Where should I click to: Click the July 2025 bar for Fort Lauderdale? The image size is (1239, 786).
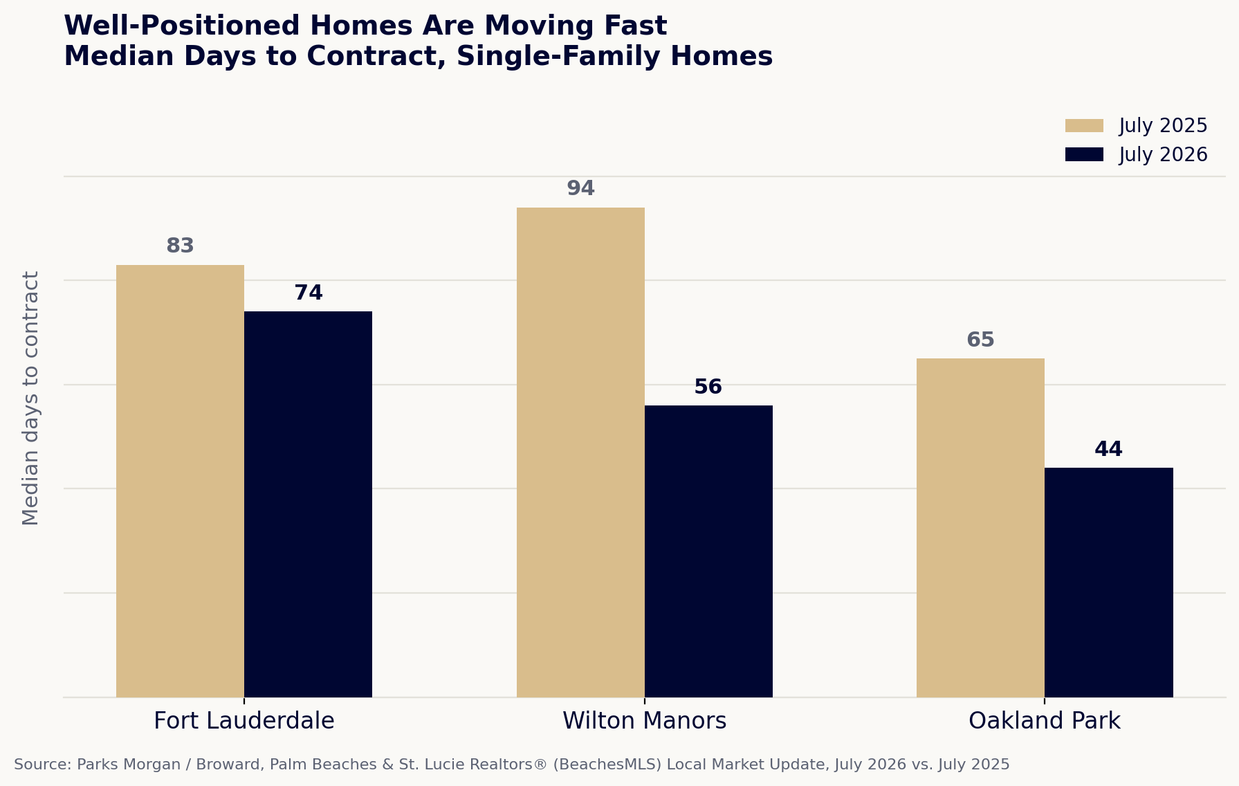pos(180,481)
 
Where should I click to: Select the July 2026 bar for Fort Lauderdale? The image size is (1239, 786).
pos(308,504)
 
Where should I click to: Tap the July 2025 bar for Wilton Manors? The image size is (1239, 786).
pos(580,453)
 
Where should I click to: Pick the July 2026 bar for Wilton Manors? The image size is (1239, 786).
pos(708,551)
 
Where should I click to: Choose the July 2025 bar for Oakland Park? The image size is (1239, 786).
pos(980,528)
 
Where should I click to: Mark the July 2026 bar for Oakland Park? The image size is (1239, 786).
pos(1109,583)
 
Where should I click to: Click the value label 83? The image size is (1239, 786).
pos(180,246)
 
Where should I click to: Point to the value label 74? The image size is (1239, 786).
pos(309,293)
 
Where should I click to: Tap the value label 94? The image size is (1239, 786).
pos(580,189)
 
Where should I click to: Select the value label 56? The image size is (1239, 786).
pos(708,387)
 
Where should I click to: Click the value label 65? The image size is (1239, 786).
pos(980,340)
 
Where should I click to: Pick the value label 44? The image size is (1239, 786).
pos(1108,450)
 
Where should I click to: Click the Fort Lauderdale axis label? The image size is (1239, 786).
pos(244,721)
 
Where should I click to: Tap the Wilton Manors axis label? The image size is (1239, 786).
pos(645,721)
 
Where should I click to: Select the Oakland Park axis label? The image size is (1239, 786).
pos(1045,722)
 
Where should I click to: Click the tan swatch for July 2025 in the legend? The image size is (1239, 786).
pos(1084,126)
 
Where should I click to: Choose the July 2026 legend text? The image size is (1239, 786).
pos(1164,155)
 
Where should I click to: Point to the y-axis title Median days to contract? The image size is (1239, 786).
pos(31,399)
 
